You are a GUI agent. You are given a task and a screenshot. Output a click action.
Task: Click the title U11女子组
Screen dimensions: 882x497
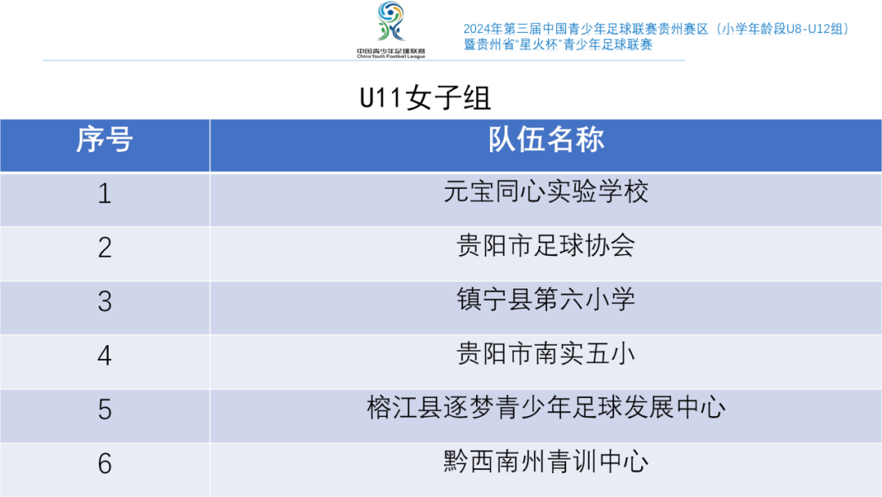[x=425, y=98]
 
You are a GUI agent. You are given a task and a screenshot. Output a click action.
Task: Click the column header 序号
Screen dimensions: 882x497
[x=105, y=139]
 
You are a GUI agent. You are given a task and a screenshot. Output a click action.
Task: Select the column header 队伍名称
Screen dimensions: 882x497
[x=546, y=139]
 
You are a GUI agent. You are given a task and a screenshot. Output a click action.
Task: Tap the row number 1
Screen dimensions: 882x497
[x=105, y=194]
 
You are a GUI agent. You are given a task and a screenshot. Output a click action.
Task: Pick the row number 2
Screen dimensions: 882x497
[x=105, y=248]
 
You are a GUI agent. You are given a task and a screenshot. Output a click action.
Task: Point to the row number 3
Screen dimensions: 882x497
[x=105, y=302]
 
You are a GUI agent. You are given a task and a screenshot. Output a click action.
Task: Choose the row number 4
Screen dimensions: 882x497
[x=105, y=356]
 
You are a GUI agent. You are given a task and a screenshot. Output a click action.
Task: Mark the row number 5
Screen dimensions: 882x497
[x=105, y=410]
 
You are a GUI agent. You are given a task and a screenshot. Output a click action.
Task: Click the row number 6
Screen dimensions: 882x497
[x=105, y=463]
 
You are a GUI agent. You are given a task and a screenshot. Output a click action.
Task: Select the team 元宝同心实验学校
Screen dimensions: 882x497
[x=546, y=191]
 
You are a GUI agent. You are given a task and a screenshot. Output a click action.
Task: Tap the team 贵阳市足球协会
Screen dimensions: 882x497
[x=546, y=245]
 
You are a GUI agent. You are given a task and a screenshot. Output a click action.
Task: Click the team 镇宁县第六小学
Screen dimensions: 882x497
[x=546, y=299]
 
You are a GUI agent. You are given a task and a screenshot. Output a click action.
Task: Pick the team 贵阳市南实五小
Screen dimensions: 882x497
[x=546, y=353]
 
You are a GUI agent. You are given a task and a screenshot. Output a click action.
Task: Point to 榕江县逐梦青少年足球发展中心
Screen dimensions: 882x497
[x=546, y=408]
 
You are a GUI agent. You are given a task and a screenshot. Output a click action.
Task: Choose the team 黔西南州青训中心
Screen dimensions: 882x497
[x=546, y=462]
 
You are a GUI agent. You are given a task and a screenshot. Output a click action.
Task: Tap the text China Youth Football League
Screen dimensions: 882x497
[x=391, y=56]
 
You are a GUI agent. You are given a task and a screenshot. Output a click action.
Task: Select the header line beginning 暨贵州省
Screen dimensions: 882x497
[x=558, y=44]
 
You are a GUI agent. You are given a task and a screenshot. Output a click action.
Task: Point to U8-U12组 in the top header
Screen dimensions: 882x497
[x=811, y=29]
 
